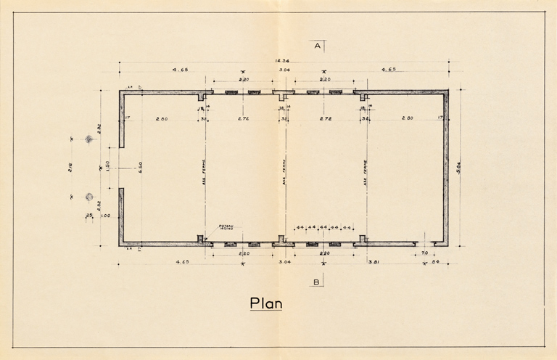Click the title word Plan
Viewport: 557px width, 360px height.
coord(265,303)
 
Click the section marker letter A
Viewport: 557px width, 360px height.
coord(317,46)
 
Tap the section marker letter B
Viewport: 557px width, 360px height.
coord(317,282)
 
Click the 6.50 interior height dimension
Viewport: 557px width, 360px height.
coord(141,166)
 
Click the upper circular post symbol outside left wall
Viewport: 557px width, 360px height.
coord(89,139)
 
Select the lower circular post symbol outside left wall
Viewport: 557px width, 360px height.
coord(89,196)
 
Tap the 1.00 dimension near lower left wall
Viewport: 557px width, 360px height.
coord(104,216)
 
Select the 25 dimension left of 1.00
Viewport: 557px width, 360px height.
coord(89,216)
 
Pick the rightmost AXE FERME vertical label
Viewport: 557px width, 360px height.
coord(366,171)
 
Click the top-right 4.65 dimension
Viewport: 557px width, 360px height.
coord(386,70)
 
